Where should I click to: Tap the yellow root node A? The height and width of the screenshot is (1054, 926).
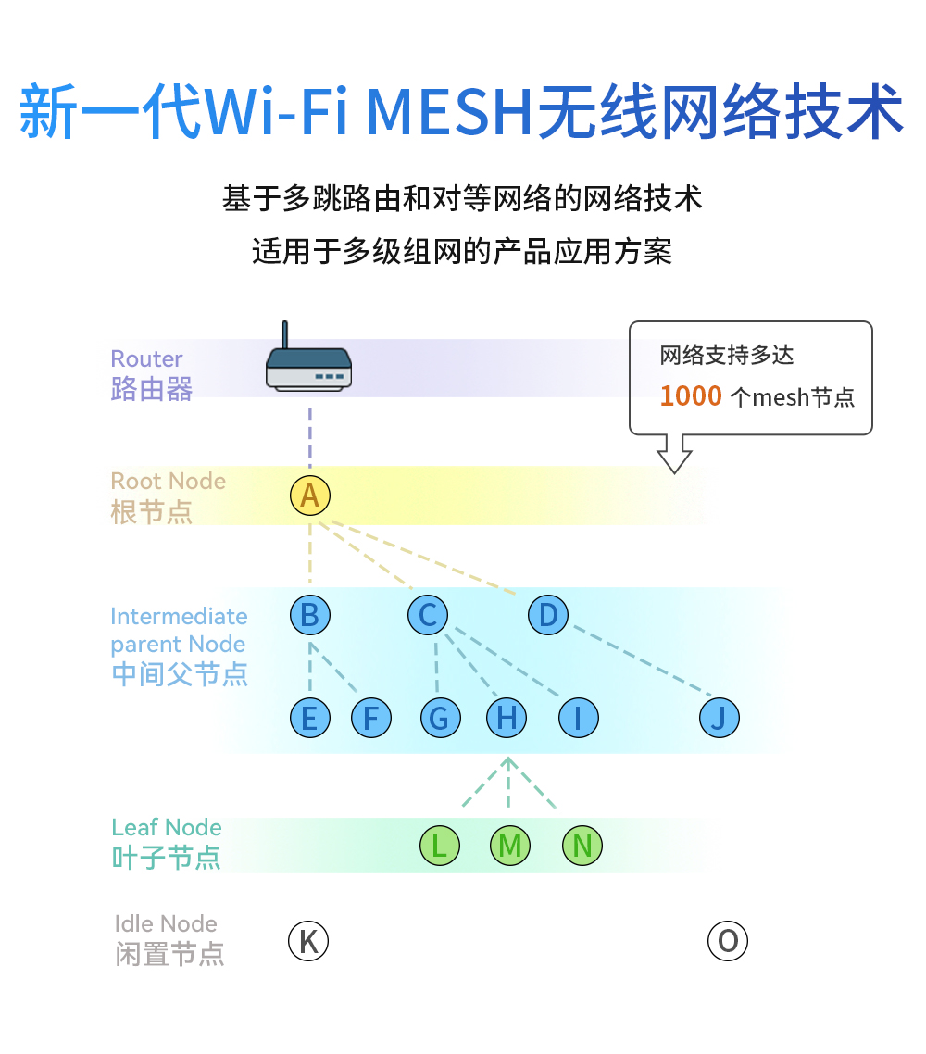(309, 496)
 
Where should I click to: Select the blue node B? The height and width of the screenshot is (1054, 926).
(309, 615)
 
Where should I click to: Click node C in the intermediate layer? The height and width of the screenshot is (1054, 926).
(428, 615)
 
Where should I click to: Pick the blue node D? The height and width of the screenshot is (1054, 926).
(548, 615)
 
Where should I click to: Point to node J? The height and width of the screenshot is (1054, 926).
(720, 718)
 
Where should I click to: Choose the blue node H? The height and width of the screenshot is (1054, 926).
(507, 718)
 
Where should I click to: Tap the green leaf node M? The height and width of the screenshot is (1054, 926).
(509, 845)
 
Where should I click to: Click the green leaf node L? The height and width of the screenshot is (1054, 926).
(439, 845)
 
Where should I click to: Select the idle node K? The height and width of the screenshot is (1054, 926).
(308, 942)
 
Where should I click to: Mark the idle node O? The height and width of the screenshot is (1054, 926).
(727, 942)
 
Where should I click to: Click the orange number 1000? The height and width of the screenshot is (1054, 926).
(690, 396)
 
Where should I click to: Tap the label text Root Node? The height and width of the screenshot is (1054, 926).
(168, 482)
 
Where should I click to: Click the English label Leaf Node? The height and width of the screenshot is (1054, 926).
(167, 827)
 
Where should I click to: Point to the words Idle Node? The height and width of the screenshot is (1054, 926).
(166, 923)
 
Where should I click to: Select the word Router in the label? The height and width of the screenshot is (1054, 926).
(146, 358)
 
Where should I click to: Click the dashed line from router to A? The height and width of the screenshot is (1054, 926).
(310, 435)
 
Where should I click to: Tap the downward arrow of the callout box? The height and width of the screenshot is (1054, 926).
(674, 455)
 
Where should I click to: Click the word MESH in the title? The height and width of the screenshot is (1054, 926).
(451, 113)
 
